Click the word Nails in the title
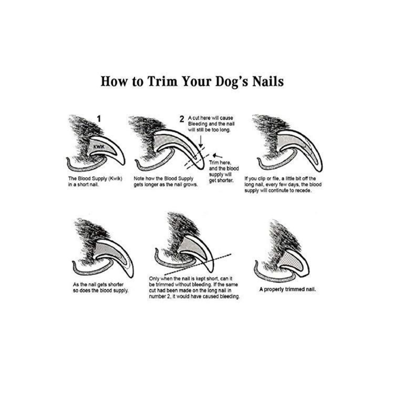268,81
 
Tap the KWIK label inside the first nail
99,147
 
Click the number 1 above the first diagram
99,119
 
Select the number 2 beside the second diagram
182,119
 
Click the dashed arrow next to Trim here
217,156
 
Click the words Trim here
220,162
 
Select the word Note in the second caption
139,179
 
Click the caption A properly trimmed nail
287,289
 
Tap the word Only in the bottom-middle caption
154,279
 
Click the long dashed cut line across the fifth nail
198,265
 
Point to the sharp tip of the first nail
123,164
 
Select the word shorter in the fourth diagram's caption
116,285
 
